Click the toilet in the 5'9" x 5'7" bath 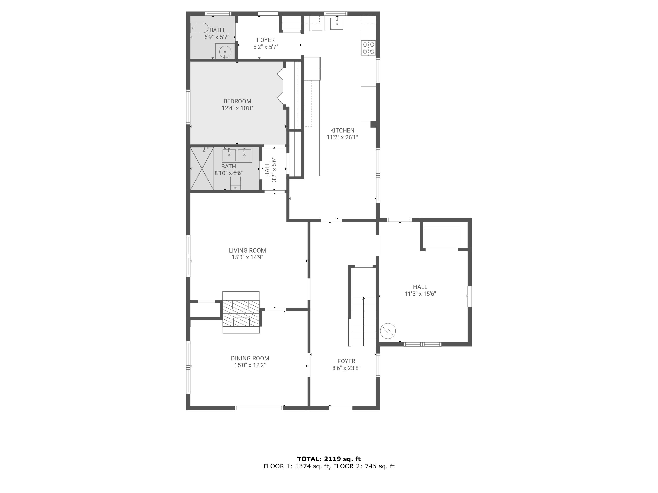pos(200,28)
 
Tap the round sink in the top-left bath pos(225,52)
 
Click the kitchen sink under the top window pos(337,23)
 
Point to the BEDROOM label pos(237,101)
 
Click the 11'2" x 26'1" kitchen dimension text pos(342,137)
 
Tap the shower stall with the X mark pos(202,168)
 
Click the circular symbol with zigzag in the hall pos(388,331)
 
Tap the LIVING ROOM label pos(247,250)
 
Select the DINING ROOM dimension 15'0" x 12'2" pos(250,365)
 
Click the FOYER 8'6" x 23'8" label pos(346,365)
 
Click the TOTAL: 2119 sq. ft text pos(329,459)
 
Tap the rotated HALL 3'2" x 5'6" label pos(271,170)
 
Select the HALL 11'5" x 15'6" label pos(420,290)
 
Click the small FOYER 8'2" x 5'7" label pos(266,43)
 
